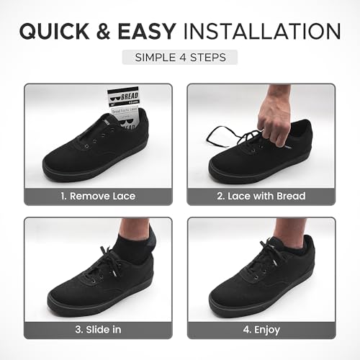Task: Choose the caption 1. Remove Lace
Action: click(99, 195)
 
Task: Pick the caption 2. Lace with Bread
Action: click(261, 195)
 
